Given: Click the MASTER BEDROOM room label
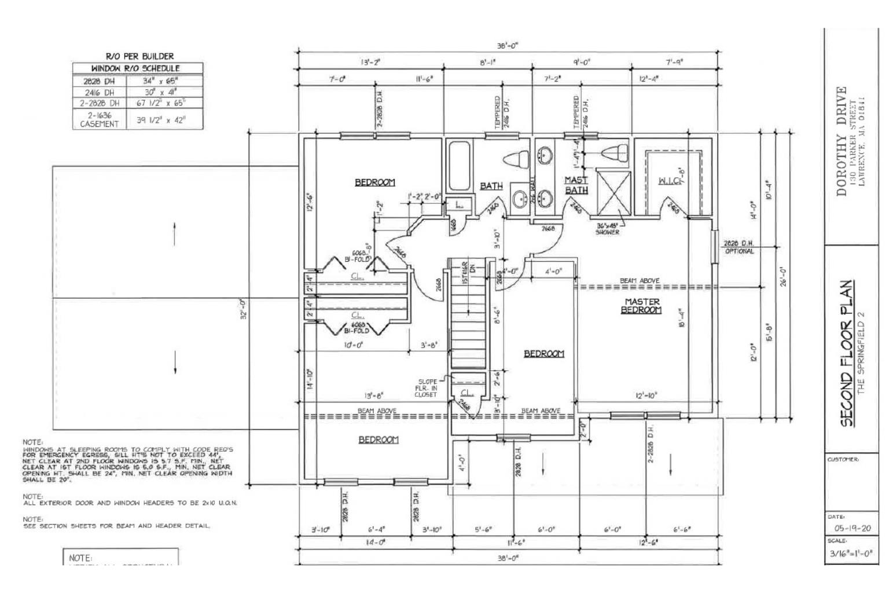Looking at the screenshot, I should [642, 306].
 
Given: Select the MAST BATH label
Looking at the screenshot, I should [576, 185].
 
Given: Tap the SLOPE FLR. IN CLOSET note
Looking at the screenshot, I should [426, 388].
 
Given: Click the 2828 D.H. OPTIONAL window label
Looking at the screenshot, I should [739, 248].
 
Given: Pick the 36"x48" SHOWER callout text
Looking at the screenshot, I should [607, 229].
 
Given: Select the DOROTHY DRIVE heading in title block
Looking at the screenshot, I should [842, 141].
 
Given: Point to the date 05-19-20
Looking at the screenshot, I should [848, 528].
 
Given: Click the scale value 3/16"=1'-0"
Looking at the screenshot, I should [848, 554].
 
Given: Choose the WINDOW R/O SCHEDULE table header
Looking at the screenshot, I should [138, 68].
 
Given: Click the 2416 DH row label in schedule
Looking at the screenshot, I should [100, 92].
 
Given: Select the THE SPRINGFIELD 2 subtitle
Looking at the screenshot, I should [861, 353].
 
